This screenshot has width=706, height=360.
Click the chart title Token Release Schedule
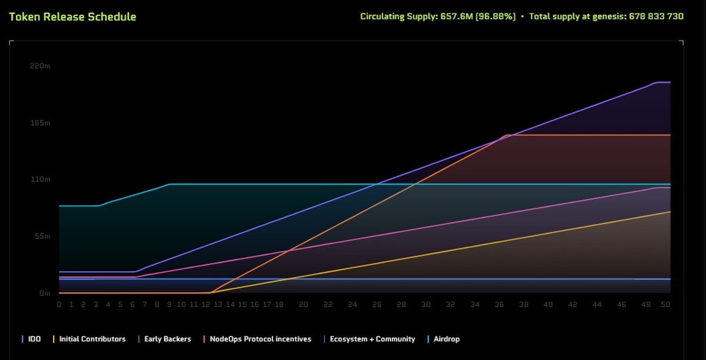click(72, 16)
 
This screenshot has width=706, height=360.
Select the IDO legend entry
click(34, 339)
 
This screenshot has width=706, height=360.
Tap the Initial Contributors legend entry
click(92, 339)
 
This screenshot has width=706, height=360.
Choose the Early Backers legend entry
click(167, 339)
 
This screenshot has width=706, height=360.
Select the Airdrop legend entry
click(446, 339)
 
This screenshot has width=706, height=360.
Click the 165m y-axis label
click(40, 123)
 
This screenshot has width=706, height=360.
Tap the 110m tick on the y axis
click(40, 179)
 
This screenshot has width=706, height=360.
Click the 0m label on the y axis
click(45, 293)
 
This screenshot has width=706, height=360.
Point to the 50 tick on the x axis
click(665, 304)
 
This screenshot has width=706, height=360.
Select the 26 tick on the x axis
click(377, 304)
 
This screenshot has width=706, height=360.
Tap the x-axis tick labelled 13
click(218, 304)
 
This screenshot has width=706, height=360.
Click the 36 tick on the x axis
click(499, 304)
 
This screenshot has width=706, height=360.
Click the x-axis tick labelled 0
click(59, 304)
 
